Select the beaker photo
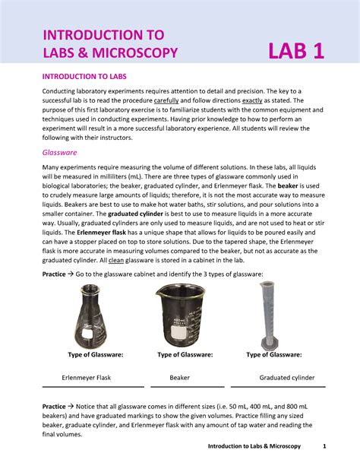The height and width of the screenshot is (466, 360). [x=185, y=315]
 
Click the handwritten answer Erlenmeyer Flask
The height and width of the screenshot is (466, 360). [x=87, y=377]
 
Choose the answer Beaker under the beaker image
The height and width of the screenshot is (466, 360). [x=180, y=377]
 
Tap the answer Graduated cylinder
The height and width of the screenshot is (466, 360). [x=287, y=377]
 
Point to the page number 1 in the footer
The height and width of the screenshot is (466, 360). [x=324, y=445]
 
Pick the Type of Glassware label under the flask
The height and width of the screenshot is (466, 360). [x=96, y=354]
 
